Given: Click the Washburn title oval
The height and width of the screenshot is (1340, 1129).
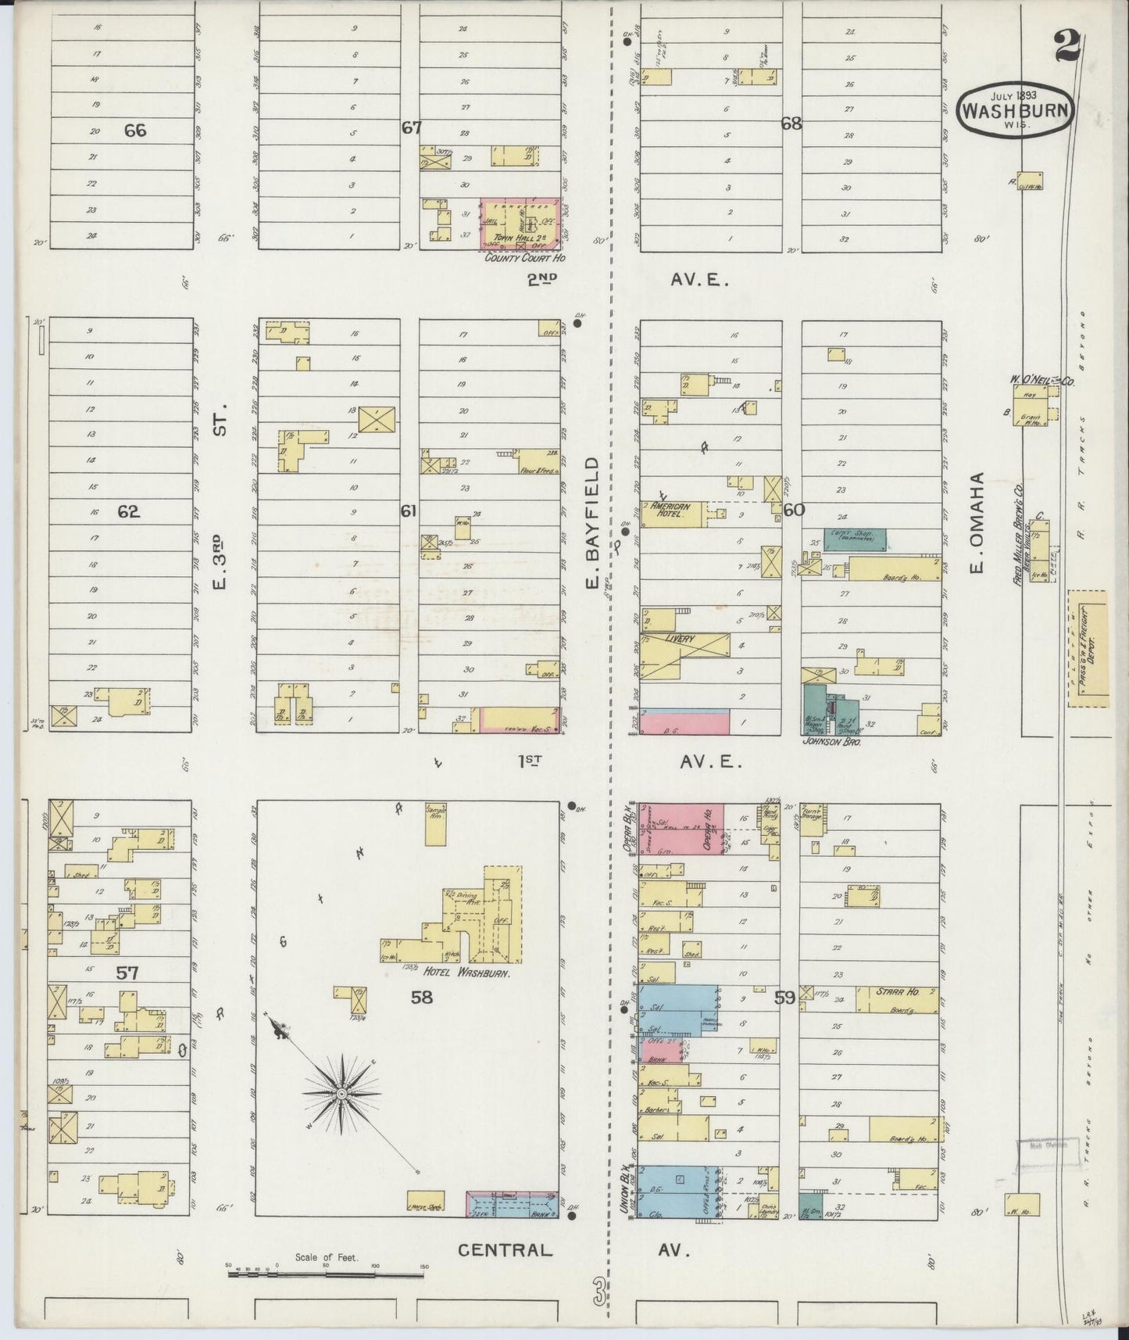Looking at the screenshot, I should [1015, 109].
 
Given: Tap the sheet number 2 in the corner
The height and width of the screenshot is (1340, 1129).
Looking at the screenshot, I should [1066, 46].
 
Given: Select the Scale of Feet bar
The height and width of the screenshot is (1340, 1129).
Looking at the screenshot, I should [326, 1274].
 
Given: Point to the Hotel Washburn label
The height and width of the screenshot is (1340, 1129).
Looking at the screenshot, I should [466, 974].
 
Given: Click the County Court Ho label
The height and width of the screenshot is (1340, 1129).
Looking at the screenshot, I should [524, 257].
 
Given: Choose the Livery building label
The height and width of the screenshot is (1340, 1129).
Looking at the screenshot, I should [680, 639].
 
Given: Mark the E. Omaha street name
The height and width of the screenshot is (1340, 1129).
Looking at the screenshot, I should [977, 522].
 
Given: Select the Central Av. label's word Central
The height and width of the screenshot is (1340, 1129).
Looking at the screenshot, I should [505, 1249].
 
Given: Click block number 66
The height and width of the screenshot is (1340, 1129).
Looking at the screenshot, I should [135, 130].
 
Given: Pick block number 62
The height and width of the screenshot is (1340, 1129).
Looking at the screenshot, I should [128, 511].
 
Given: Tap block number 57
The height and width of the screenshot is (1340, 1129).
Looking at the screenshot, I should [127, 973].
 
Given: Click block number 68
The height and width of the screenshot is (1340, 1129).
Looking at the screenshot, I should [791, 123].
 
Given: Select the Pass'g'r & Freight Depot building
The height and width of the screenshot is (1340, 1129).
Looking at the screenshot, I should [1087, 649].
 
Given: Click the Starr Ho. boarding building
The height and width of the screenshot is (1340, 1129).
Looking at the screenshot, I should [896, 1000].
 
